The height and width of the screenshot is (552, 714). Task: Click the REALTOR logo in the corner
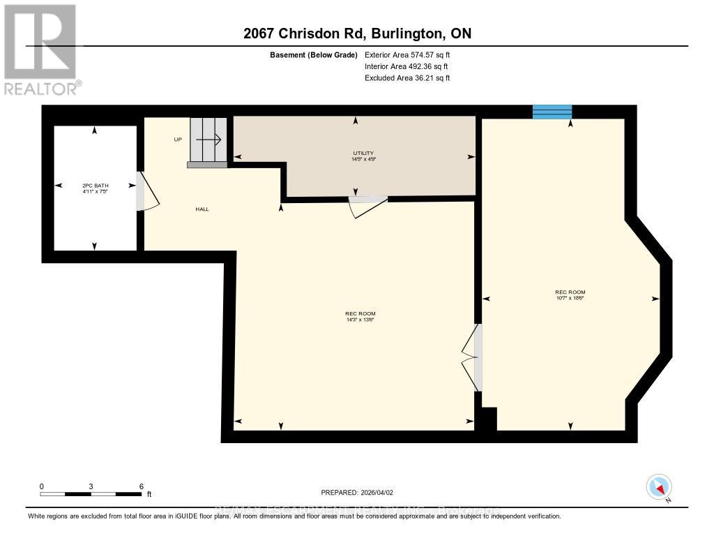(x=42, y=49)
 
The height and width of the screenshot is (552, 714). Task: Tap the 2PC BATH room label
(x=95, y=188)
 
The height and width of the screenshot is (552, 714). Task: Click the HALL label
(x=202, y=209)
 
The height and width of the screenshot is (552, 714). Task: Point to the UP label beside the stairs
(x=178, y=140)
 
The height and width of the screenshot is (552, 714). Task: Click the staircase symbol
(x=207, y=142)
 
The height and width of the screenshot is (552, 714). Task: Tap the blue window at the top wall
(x=552, y=112)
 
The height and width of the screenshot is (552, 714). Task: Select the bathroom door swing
(x=148, y=191)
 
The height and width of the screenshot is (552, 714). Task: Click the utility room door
(x=367, y=205)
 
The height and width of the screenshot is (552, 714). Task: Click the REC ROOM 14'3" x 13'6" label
(x=360, y=317)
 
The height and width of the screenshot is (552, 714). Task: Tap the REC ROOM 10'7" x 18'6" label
(x=570, y=294)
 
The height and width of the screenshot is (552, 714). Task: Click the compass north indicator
(x=659, y=487)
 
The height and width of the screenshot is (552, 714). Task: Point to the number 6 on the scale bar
(x=142, y=486)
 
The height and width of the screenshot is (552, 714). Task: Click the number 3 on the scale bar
(x=91, y=486)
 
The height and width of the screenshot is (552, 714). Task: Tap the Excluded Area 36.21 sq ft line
(x=407, y=78)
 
